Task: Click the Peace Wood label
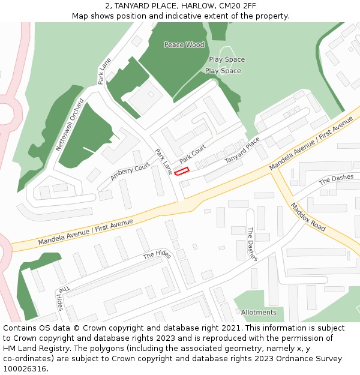[x=184, y=45]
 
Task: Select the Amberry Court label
[x=130, y=172]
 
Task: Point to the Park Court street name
[x=192, y=153]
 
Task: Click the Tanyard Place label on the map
[x=242, y=150]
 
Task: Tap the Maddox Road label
[x=308, y=217]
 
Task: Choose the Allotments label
[x=259, y=313]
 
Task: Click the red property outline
[x=181, y=172]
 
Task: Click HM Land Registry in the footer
[x=33, y=349]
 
